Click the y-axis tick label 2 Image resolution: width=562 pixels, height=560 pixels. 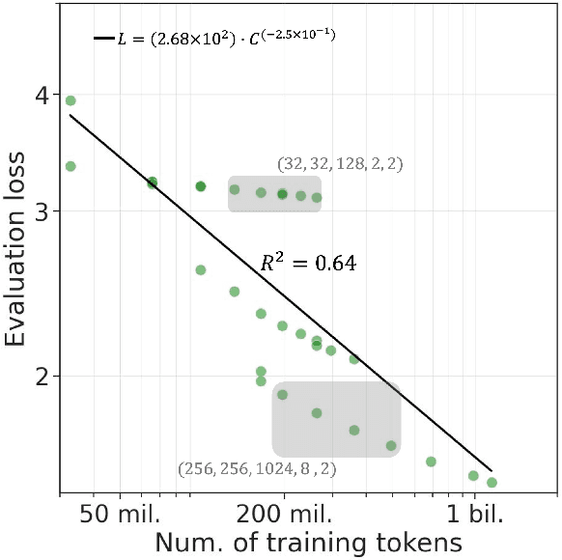[40, 376]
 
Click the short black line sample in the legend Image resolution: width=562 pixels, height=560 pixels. [103, 39]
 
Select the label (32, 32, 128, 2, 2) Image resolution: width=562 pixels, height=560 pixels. [339, 164]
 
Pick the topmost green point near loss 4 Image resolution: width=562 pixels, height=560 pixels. [70, 100]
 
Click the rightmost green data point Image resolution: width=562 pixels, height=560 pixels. [492, 482]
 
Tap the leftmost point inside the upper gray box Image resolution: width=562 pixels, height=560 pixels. [234, 189]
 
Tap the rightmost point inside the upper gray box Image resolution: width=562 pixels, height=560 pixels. [317, 197]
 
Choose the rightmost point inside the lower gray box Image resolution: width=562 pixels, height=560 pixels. [391, 445]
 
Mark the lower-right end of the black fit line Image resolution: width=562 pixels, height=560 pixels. [492, 469]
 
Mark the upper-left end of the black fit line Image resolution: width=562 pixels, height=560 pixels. [70, 115]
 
